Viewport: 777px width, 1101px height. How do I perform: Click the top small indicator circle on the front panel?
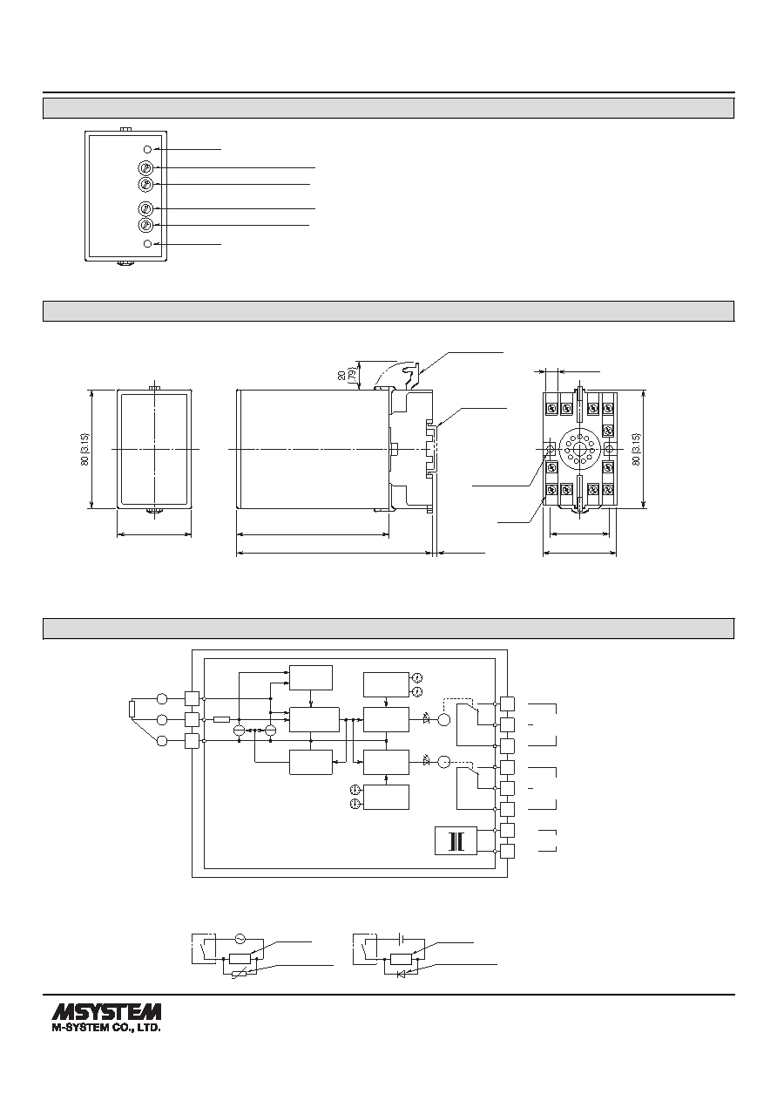point(147,149)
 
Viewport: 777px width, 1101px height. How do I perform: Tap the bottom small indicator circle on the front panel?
point(147,244)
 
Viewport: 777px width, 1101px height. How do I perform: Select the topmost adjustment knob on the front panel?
point(145,168)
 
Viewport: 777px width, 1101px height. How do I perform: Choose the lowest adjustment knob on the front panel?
point(145,225)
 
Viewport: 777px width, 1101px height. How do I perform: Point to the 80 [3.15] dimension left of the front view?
point(85,449)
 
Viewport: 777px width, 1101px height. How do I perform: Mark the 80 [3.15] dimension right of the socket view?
point(637,449)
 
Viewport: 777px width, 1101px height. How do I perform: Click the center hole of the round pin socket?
point(580,449)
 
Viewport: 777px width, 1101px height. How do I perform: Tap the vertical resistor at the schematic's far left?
point(132,710)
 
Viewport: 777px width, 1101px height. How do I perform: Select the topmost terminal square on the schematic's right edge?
point(507,703)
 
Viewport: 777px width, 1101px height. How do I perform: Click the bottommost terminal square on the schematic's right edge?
point(507,851)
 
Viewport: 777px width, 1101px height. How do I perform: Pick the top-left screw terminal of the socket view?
point(551,408)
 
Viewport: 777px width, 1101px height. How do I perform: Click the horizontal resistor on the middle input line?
point(222,719)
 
